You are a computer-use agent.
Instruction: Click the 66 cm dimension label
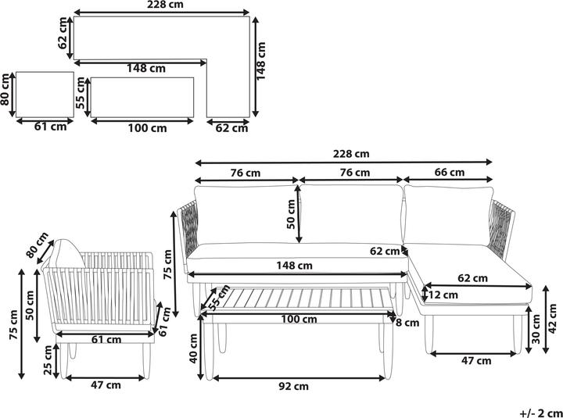click(x=449, y=173)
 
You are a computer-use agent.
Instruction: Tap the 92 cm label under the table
click(x=294, y=387)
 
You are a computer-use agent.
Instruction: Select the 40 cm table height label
click(x=194, y=348)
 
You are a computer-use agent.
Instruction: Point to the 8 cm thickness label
click(x=407, y=323)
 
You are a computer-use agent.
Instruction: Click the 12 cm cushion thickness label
click(x=443, y=295)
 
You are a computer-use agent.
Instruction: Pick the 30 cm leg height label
click(x=536, y=329)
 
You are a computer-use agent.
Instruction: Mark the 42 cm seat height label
click(x=553, y=319)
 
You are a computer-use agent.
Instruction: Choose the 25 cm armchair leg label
click(x=48, y=360)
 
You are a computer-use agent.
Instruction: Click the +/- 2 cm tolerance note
click(x=541, y=413)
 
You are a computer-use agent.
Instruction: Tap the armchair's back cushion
click(x=66, y=253)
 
